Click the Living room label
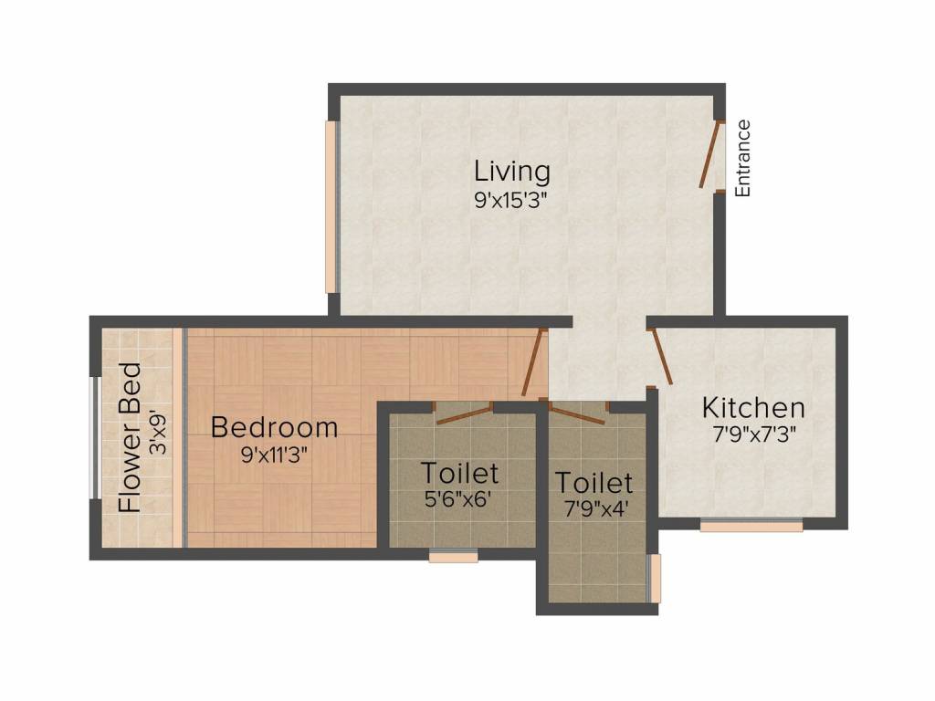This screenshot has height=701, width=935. coord(511,171)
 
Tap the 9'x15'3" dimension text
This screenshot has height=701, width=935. coord(511,201)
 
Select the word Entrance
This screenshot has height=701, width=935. coord(743,158)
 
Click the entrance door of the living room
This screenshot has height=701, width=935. coord(709,156)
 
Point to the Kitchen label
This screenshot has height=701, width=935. coord(752,407)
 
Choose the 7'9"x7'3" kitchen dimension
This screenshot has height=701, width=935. coord(754,434)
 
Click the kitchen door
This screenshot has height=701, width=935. coord(661,356)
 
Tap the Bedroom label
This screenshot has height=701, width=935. coord(274,426)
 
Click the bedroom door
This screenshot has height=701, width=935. coord(533,362)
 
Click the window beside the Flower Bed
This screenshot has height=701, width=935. coord(93,437)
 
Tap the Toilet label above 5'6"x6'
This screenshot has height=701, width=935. coord(459,473)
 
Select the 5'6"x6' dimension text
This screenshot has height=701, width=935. coord(459,501)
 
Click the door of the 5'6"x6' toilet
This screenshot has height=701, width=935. coord(464,413)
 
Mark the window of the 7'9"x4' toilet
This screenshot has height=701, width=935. coord(653,577)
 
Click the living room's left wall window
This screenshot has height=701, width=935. coord(331,207)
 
